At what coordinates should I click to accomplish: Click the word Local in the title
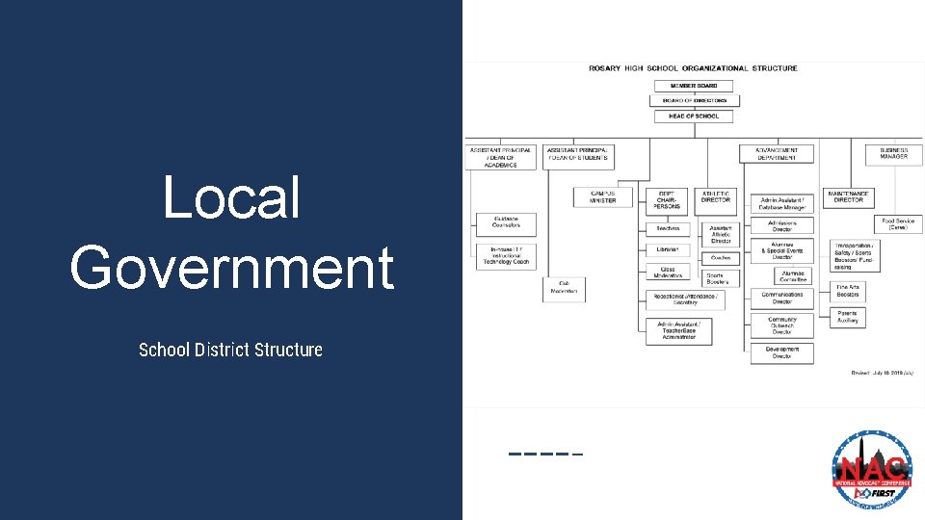(231, 198)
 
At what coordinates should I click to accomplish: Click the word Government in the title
(231, 267)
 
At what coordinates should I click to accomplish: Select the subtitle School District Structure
(230, 350)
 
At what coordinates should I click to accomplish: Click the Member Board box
(693, 86)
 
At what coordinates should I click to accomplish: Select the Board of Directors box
(693, 100)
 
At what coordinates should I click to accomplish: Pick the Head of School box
(693, 116)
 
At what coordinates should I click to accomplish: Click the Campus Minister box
(602, 196)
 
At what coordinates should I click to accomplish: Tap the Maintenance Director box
(848, 197)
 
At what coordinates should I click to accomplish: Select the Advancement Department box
(777, 154)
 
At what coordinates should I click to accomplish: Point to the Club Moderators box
(564, 287)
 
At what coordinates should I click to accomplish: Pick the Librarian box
(667, 249)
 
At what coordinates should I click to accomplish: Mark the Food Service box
(898, 223)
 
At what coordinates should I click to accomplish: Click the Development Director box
(781, 352)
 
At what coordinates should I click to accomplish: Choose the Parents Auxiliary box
(847, 316)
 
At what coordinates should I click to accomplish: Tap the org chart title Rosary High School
(693, 68)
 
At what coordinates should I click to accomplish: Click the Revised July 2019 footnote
(882, 372)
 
